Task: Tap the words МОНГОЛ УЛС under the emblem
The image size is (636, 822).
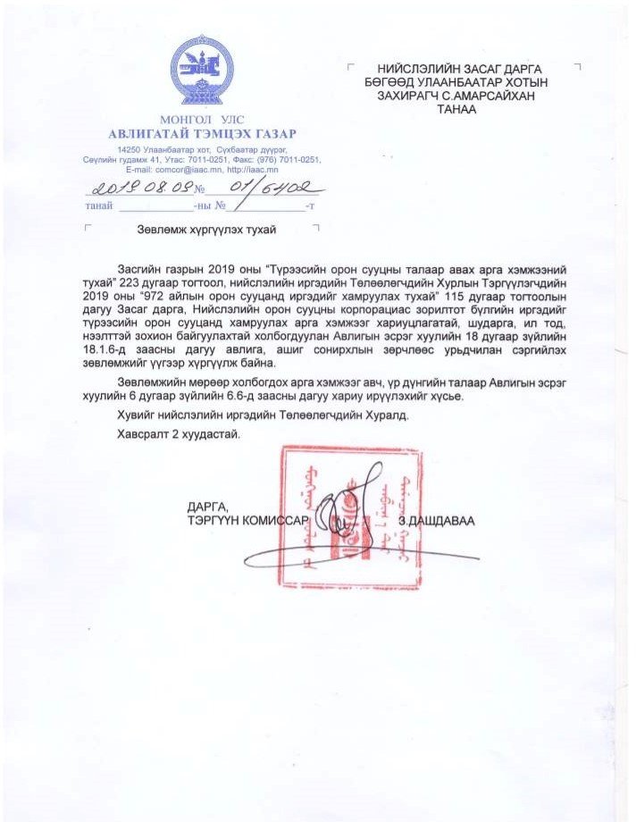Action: (x=201, y=120)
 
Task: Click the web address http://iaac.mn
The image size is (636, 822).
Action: (x=253, y=168)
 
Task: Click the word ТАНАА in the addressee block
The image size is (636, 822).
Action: (x=455, y=110)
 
